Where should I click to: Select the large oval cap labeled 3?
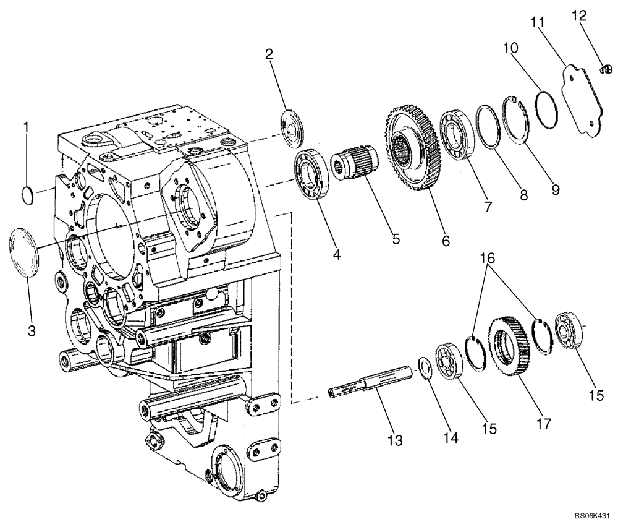[x=23, y=250]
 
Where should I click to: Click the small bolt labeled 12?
[x=606, y=72]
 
